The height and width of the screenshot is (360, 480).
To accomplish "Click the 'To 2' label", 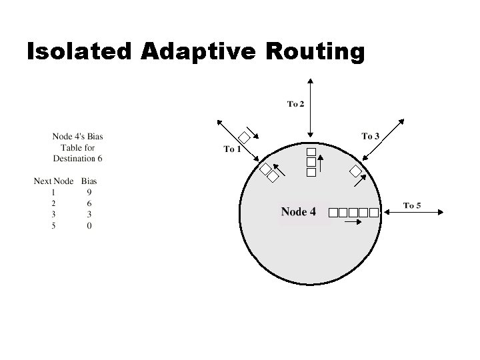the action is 296,103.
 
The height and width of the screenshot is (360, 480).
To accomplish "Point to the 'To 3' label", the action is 370,137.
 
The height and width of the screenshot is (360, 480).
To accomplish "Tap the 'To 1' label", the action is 232,149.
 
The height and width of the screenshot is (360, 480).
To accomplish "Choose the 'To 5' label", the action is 412,205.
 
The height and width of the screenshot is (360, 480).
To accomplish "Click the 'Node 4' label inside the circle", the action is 298,212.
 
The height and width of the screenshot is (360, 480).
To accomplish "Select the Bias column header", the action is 89,181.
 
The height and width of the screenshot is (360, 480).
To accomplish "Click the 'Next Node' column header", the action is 53,181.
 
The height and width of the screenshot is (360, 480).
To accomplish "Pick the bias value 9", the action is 89,192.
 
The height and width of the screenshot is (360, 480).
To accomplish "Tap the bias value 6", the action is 89,203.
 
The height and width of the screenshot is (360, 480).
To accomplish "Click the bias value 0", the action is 89,225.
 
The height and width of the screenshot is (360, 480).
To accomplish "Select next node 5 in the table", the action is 53,225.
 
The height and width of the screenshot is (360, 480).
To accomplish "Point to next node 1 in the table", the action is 53,192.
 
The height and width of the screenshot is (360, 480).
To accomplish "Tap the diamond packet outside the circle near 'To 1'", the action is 245,138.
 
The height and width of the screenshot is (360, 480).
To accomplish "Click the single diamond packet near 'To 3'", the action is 356,173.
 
